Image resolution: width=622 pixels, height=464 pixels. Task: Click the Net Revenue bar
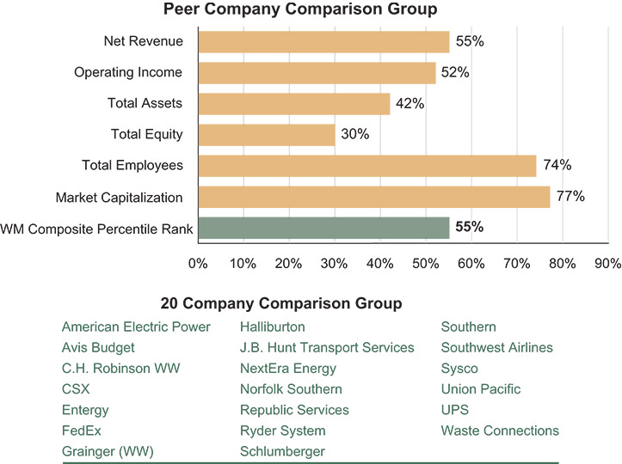coord(323,41)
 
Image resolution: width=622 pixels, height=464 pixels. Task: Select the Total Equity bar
coord(267,134)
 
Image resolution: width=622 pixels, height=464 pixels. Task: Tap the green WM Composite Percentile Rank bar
coord(323,228)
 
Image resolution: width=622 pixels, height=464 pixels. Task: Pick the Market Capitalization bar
coord(374,197)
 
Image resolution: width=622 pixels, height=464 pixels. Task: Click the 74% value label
coord(557,165)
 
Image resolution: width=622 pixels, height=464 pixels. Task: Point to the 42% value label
coord(410,103)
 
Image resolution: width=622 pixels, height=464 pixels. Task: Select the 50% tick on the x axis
coord(426,263)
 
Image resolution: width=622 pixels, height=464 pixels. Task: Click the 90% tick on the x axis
coord(607,263)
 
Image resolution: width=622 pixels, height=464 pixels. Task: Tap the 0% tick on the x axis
coord(199,263)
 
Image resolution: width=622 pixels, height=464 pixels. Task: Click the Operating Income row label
coord(128,72)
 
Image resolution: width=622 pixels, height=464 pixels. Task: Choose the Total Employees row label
coord(132,165)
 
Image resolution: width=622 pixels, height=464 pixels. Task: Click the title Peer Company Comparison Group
coord(301,9)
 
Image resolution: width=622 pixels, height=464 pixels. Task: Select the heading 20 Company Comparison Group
coord(281,303)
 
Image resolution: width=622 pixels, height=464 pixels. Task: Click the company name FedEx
coord(81,430)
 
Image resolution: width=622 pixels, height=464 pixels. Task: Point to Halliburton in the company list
coord(272,327)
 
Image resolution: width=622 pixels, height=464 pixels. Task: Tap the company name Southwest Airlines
coord(496,348)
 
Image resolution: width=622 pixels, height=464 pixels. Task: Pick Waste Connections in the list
coord(500,430)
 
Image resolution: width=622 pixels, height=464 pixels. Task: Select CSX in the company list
coord(76,389)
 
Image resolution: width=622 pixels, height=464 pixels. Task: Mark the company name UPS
coord(455,410)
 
